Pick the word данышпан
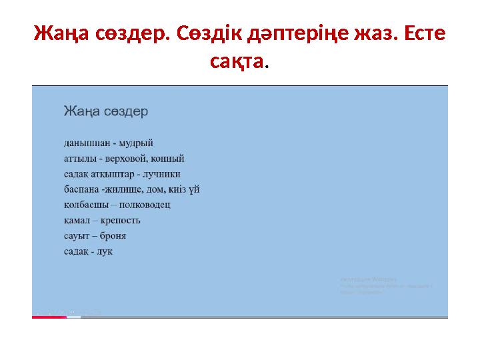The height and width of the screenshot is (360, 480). click(86, 143)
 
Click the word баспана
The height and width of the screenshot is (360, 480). click(81, 190)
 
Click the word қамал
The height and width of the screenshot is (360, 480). click(77, 221)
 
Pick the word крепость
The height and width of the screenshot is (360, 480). click(119, 221)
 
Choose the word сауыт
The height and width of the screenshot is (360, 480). click(77, 236)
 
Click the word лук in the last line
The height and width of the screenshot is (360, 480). click(105, 251)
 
